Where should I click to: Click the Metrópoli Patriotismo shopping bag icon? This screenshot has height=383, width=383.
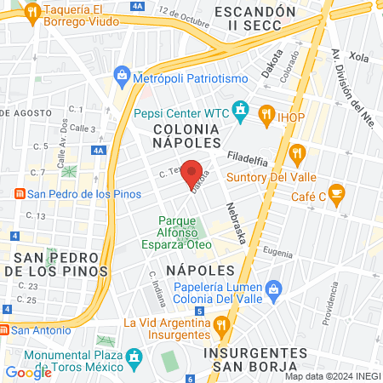coord(123,77)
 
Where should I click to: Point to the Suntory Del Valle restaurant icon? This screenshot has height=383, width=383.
coord(297,154)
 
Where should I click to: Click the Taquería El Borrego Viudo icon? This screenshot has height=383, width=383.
coord(32,12)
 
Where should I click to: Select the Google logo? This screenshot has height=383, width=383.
coord(28,372)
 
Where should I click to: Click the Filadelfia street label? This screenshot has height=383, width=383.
coord(249,157)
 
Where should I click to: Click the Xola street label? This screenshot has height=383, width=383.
coord(358,58)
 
